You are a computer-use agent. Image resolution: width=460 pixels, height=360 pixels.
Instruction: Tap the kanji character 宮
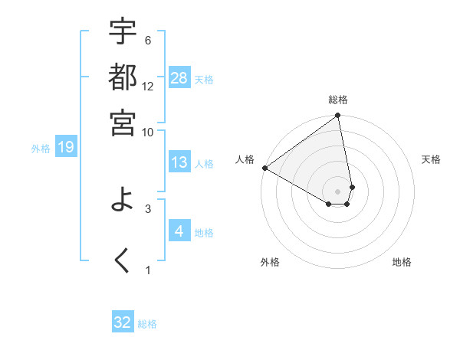[123, 122]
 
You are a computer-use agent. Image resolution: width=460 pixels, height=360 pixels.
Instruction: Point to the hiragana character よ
[123, 200]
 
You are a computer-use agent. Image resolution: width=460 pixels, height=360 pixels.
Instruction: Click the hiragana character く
[123, 260]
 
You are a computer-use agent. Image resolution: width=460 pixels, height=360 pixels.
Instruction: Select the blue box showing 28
[179, 78]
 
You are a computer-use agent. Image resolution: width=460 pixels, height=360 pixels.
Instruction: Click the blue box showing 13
[179, 162]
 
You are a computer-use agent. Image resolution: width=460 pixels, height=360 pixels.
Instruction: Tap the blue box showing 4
[179, 231]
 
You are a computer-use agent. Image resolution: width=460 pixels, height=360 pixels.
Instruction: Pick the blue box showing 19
[66, 147]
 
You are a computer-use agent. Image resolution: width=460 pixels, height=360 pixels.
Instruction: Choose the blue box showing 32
[123, 322]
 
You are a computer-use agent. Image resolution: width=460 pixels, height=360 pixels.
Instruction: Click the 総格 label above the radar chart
[338, 100]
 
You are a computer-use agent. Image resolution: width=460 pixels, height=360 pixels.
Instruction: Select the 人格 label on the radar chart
[245, 159]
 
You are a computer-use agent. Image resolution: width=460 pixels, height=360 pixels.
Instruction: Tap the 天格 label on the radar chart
[432, 159]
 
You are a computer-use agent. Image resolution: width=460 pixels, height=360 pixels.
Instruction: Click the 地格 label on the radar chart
[402, 262]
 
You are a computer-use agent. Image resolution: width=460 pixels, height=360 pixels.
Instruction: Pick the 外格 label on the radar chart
[270, 262]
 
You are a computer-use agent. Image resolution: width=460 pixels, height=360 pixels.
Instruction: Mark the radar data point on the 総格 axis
[337, 116]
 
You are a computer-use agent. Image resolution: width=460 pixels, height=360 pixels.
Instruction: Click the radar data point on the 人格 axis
[264, 168]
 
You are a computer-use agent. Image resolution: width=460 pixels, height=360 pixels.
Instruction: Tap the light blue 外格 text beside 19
[41, 148]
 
